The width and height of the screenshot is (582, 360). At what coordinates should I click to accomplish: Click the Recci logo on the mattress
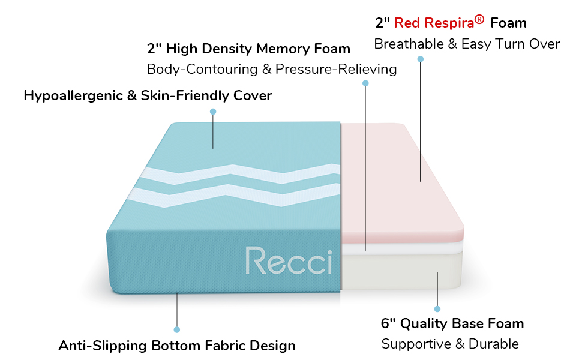coord(288,260)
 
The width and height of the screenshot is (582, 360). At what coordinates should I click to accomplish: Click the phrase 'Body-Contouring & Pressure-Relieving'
coord(272,69)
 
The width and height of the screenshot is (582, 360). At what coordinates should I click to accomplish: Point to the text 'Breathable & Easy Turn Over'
coord(467,44)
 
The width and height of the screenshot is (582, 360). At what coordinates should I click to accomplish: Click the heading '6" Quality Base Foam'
coord(452,323)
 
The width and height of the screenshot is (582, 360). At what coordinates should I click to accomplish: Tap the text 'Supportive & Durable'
coord(450,344)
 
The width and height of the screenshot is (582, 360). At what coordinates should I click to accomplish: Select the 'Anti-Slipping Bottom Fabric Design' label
coord(177,346)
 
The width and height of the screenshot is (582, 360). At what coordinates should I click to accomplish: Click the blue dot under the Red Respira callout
coord(421,59)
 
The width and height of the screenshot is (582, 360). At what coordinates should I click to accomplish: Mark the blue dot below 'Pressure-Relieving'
coord(366,83)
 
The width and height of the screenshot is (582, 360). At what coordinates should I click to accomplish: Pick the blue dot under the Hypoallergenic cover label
coord(213,112)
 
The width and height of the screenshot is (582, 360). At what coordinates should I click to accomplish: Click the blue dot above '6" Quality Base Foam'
coord(437,309)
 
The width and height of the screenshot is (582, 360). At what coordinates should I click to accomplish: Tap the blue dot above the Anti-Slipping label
coord(177,329)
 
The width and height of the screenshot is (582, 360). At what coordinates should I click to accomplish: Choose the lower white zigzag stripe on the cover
coord(240,193)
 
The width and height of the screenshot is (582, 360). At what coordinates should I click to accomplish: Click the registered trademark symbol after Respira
coord(479,20)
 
